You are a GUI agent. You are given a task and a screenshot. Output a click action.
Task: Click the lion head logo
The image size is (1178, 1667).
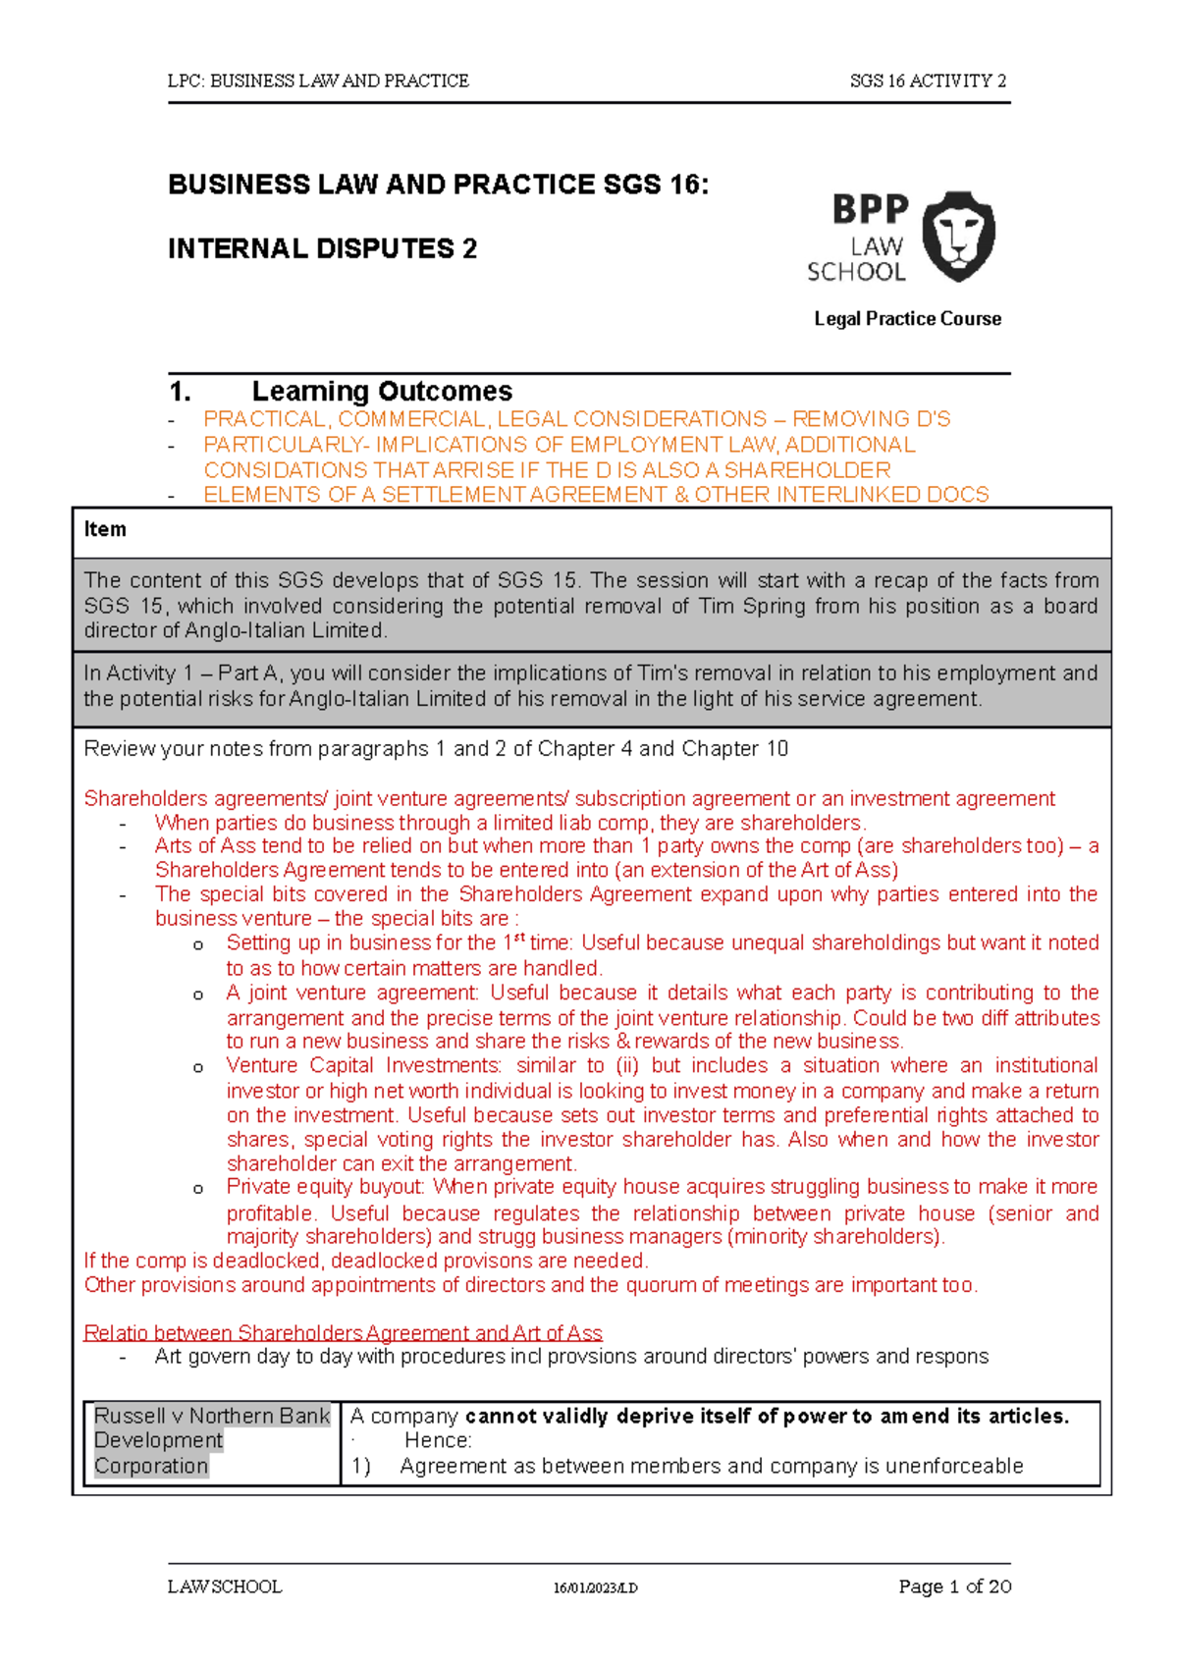[x=960, y=236]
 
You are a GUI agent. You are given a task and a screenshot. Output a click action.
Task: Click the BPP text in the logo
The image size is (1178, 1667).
[x=870, y=209]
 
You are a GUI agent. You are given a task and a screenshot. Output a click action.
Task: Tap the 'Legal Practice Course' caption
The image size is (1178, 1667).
[x=907, y=319]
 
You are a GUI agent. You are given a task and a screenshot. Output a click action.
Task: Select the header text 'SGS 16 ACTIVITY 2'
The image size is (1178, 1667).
[x=928, y=81]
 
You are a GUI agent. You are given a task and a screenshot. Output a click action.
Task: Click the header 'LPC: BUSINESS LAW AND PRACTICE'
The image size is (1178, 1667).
[x=318, y=81]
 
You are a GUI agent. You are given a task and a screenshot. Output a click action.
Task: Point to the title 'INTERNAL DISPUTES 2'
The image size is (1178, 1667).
[x=322, y=249]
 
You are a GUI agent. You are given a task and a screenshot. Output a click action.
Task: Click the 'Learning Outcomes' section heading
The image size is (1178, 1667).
[x=382, y=392]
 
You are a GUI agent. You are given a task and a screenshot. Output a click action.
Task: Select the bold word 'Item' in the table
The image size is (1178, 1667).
[x=105, y=530]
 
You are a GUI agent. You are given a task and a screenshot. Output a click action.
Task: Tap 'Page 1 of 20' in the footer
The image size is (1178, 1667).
[x=954, y=1586]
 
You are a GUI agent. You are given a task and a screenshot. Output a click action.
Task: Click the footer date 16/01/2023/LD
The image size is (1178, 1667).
[x=595, y=1588]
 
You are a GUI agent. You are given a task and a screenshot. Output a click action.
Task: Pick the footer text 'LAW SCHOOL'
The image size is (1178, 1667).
[x=225, y=1587]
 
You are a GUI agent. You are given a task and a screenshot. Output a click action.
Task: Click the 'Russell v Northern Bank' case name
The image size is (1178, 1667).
[x=211, y=1416]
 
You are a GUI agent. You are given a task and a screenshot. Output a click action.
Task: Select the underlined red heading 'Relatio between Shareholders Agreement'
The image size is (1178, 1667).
[x=343, y=1332]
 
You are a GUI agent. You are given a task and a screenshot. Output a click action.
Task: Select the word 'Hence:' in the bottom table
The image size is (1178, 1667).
[x=438, y=1440]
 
